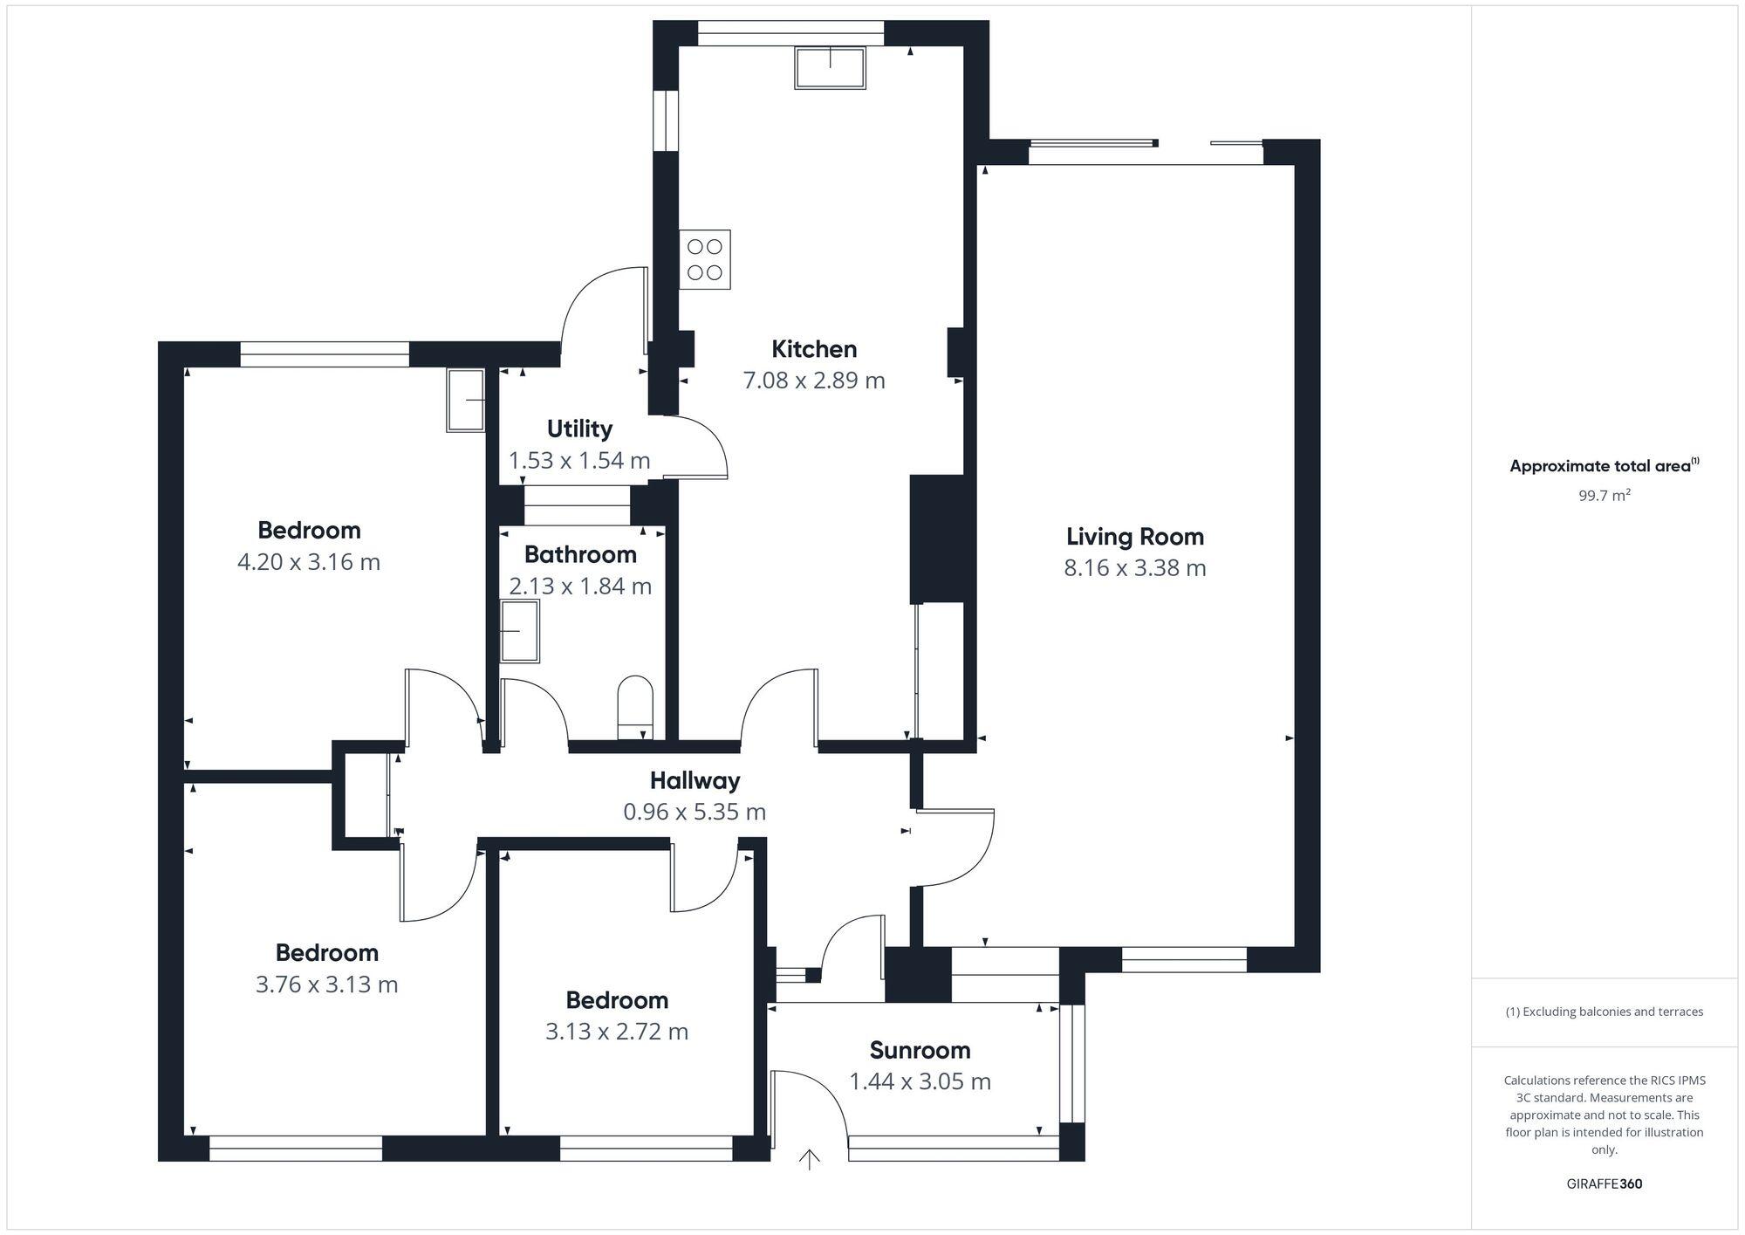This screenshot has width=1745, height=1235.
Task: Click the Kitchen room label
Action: [814, 349]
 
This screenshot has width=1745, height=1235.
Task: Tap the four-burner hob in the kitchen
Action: [705, 259]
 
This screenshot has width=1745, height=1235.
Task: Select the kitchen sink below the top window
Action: [830, 68]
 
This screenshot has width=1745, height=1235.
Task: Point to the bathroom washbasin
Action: [519, 630]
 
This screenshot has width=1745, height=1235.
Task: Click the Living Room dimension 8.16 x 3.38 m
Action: [1134, 568]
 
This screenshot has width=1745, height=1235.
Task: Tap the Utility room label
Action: [579, 429]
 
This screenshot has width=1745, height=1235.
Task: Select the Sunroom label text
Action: [920, 1050]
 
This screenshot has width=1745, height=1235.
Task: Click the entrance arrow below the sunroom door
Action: [810, 1160]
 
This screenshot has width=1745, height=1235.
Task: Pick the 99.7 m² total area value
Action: [1604, 496]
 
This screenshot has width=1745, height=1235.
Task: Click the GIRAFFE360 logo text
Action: [1604, 1184]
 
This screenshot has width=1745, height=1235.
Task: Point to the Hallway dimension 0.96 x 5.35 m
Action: [695, 812]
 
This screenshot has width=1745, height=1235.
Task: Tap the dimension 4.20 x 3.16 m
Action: [309, 562]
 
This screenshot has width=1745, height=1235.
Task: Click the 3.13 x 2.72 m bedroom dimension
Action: [617, 1032]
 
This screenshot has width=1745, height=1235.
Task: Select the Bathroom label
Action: [580, 554]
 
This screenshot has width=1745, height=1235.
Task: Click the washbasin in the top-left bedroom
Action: [466, 400]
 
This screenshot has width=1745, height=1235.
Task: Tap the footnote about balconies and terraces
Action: [1604, 1012]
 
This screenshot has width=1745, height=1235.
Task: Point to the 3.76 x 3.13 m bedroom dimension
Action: [326, 985]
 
